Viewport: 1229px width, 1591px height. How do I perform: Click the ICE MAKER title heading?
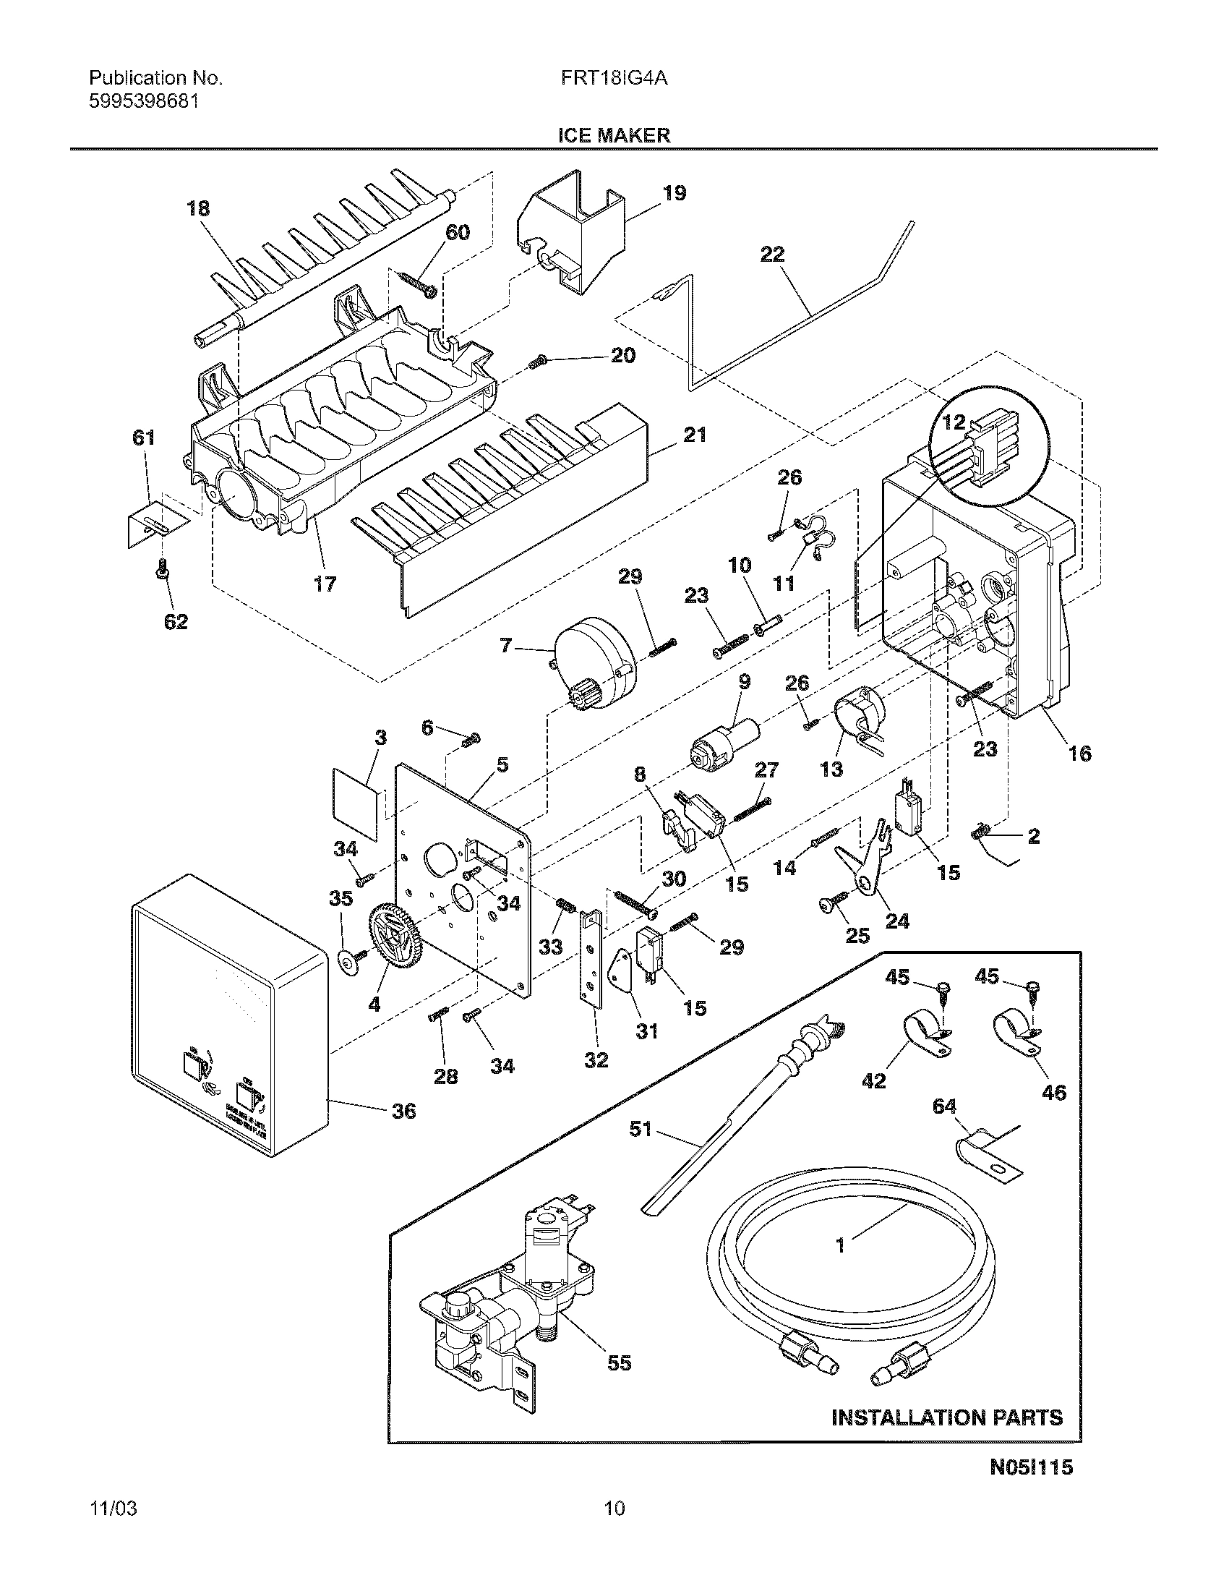614,135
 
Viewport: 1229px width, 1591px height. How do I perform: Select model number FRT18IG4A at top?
614,79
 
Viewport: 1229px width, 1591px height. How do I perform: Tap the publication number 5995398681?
145,102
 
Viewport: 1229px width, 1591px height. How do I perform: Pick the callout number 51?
640,1130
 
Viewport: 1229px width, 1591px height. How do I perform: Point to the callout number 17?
325,584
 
